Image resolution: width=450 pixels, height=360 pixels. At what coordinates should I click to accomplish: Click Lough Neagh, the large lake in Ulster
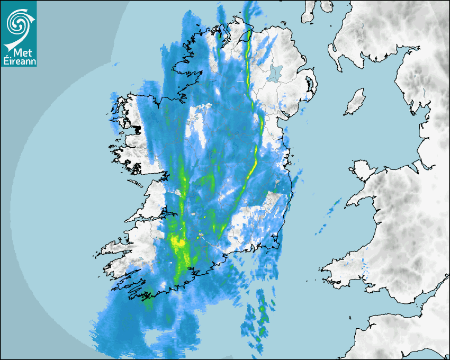point(275,73)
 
